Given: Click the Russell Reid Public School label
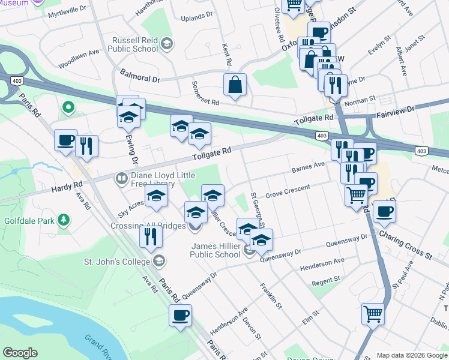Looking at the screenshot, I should pos(134,44).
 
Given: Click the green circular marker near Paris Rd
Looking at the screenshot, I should pos(68,108).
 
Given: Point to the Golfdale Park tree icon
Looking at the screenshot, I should pos(63,221).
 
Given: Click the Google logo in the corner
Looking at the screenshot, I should pos(20,353).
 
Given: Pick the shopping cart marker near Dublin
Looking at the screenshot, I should pos(373,314).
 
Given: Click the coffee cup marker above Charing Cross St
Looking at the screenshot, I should pos(384,211).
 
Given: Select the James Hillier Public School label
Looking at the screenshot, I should pos(215,250).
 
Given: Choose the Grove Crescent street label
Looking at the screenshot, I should pos(288,191).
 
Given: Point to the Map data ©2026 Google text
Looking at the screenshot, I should pos(412,355).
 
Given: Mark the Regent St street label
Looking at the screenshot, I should pos(325,280).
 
